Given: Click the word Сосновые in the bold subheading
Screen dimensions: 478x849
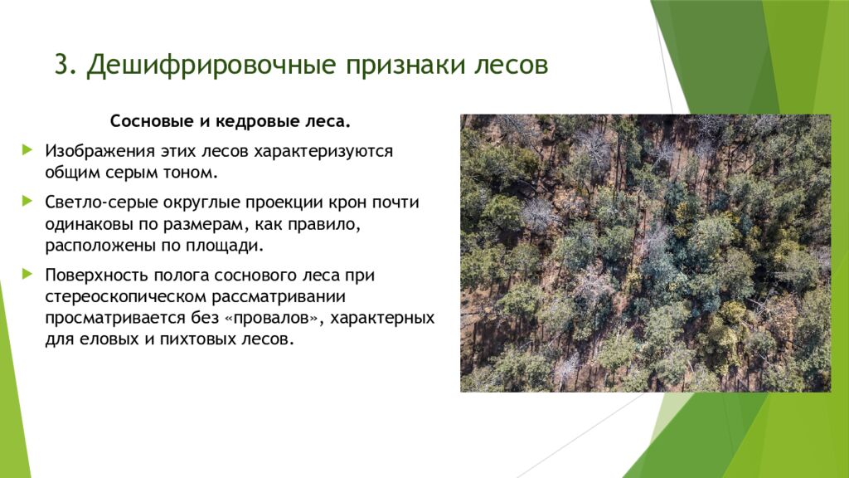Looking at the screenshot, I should (152, 122).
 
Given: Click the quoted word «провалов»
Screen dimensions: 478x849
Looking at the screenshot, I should (266, 319).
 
